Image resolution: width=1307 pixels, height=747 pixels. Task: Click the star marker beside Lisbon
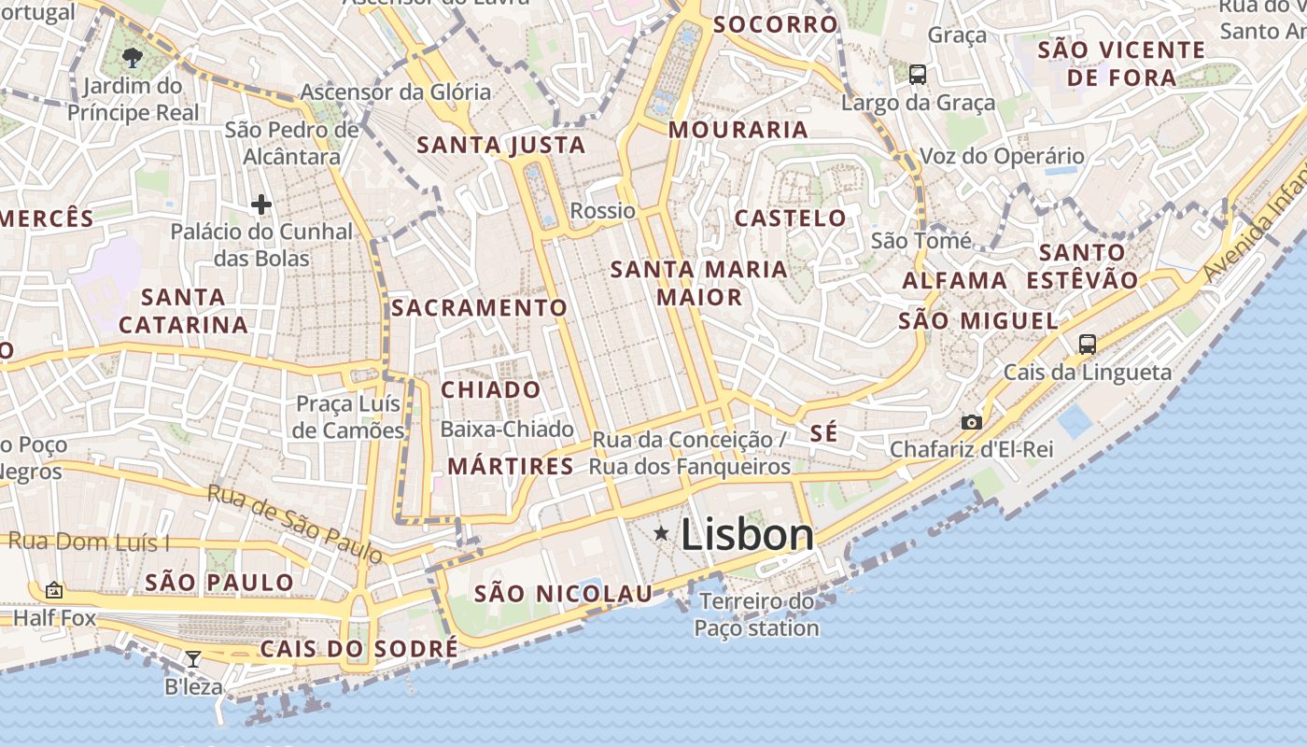661,533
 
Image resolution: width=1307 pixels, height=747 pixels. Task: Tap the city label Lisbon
747,535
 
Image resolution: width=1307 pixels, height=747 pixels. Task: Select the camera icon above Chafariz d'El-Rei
971,422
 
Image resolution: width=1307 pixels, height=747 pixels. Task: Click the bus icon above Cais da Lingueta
1087,344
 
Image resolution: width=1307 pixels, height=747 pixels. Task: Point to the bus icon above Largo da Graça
917,74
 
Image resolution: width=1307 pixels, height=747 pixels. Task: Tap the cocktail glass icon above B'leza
192,658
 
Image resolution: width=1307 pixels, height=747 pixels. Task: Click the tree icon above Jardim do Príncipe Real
133,58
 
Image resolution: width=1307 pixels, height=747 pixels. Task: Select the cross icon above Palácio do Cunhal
261,204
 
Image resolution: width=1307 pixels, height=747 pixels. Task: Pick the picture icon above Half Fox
54,590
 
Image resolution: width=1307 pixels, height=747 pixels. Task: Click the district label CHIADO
491,389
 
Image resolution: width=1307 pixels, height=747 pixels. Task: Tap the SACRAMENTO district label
479,307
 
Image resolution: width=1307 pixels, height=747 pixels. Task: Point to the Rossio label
602,210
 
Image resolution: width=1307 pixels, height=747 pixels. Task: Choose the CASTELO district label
791,218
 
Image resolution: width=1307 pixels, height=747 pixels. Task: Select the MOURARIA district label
738,129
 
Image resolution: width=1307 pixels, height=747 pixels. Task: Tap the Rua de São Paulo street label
295,524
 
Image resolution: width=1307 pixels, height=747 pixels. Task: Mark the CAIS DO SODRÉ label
359,648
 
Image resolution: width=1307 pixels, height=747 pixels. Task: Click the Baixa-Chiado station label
507,430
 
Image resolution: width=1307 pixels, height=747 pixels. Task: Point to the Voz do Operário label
1002,156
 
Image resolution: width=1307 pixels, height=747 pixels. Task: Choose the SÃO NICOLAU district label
563,593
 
